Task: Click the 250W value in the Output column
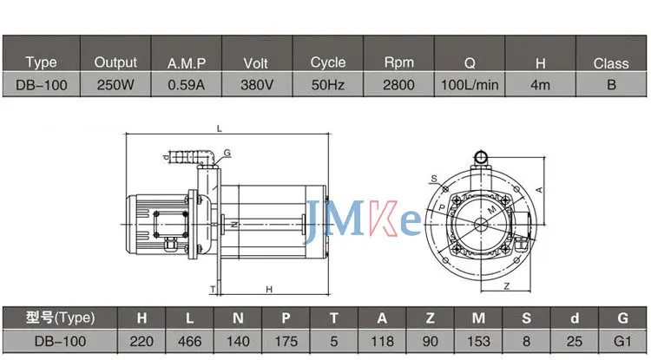click(115, 85)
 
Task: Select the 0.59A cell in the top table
click(186, 85)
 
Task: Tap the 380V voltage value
click(257, 85)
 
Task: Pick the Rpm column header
click(398, 62)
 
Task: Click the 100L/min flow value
click(470, 85)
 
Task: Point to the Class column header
click(611, 63)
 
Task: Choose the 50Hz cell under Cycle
click(328, 85)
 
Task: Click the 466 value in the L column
click(190, 341)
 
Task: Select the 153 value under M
click(478, 341)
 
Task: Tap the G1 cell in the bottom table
click(622, 341)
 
